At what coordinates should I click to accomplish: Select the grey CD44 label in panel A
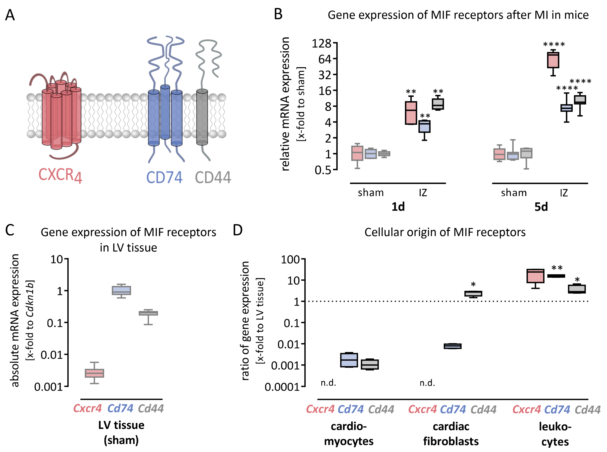coord(213,177)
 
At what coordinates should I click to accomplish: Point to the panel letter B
coord(278,14)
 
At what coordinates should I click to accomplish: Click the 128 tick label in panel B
coord(321,43)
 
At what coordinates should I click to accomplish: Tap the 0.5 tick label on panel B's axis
coord(323,170)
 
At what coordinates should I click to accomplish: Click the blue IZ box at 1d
coord(424,126)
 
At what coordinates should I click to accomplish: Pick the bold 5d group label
coord(541,207)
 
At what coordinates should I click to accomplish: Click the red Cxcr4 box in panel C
coord(94,373)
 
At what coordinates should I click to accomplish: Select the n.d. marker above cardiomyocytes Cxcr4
coord(328,383)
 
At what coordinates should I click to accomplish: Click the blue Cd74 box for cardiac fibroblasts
coord(452,346)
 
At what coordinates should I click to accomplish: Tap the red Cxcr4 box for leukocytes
coord(535,276)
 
